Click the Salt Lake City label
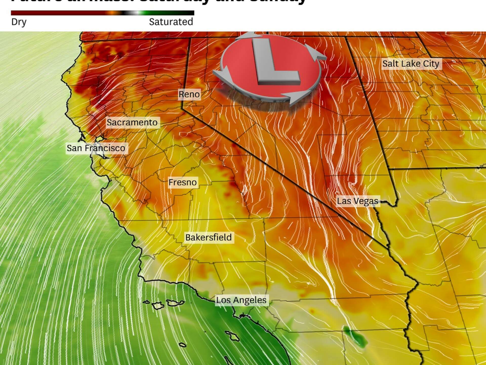pyautogui.click(x=411, y=64)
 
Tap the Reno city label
pyautogui.click(x=189, y=94)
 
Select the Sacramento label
pyautogui.click(x=132, y=122)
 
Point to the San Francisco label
pyautogui.click(x=96, y=148)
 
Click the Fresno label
pyautogui.click(x=183, y=182)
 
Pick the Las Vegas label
pyautogui.click(x=357, y=201)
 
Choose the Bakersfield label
pyautogui.click(x=208, y=238)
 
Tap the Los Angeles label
pyautogui.click(x=241, y=300)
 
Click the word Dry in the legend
pyautogui.click(x=19, y=22)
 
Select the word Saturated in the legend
pyautogui.click(x=171, y=22)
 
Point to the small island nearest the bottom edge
pyautogui.click(x=183, y=345)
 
